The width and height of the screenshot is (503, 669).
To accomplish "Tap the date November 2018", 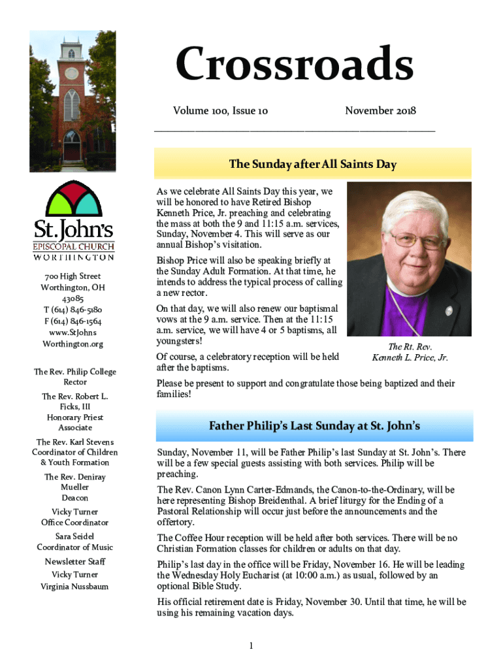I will click(x=380, y=110).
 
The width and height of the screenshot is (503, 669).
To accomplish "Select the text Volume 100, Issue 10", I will click(x=220, y=110).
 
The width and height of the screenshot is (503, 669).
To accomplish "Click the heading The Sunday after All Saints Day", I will click(x=312, y=164).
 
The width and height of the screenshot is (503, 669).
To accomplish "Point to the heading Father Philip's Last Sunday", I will click(x=314, y=427).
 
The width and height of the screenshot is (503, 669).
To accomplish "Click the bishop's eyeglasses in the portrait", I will click(x=406, y=240).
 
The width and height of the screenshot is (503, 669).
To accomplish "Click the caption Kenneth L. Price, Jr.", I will click(x=410, y=357).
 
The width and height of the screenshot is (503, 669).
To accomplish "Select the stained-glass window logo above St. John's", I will click(x=73, y=199).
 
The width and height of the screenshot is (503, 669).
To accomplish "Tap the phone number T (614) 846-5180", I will click(x=73, y=310).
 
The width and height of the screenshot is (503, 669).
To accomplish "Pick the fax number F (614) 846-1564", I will click(x=73, y=321).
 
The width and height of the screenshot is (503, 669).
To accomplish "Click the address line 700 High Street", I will click(x=73, y=276).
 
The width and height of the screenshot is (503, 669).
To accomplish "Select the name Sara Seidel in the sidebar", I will click(x=74, y=536).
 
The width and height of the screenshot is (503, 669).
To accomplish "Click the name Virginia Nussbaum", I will click(x=74, y=586).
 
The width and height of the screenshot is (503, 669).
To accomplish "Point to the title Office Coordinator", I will click(x=74, y=523).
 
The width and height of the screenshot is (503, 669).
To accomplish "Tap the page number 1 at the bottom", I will click(x=250, y=646).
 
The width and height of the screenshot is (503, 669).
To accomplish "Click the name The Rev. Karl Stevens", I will click(x=74, y=442).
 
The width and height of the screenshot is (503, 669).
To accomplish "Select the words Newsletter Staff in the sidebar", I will click(x=74, y=562).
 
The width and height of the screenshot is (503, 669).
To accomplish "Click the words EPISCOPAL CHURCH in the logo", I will click(x=73, y=247).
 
